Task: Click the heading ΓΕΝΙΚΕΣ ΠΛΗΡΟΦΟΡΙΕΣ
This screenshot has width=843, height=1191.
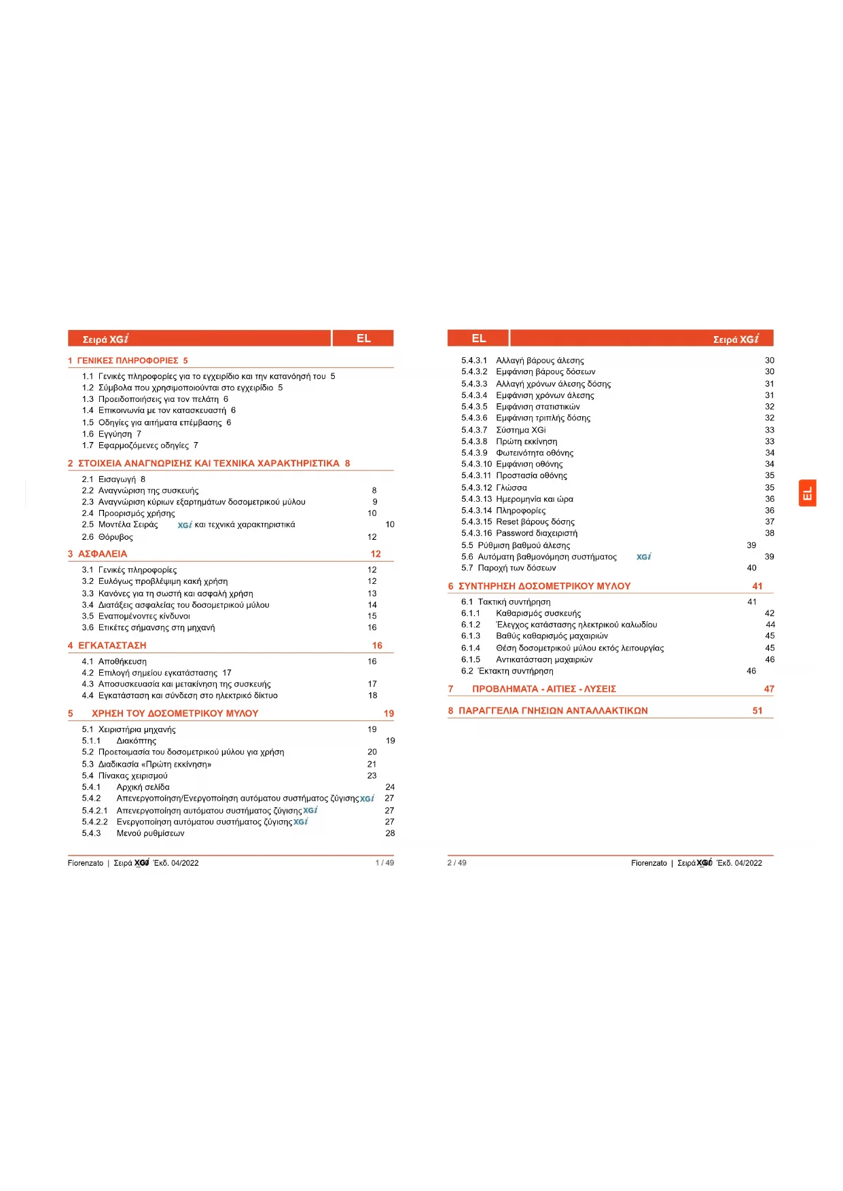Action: [128, 361]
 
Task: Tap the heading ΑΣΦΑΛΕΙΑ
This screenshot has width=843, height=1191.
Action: [103, 554]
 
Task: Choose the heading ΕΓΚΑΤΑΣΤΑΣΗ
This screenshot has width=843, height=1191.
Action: [112, 646]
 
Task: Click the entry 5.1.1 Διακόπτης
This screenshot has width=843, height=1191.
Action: [136, 741]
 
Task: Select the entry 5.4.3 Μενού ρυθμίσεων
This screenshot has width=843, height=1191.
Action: [150, 833]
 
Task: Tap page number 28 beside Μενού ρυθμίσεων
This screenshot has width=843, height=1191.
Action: [390, 833]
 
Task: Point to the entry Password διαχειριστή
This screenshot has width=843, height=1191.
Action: [537, 533]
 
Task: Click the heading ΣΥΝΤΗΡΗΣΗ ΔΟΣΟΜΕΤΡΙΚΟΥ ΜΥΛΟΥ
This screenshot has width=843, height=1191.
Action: [544, 586]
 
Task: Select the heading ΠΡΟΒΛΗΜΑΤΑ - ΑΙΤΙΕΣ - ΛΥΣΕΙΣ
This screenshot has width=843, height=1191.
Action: [543, 689]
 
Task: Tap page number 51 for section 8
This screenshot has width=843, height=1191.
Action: [757, 711]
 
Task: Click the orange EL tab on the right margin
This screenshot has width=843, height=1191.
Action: [807, 493]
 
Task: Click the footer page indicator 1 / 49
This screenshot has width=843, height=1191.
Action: [384, 863]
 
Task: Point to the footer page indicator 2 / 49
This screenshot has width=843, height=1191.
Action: [456, 863]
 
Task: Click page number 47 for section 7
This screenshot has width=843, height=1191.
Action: [769, 689]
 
